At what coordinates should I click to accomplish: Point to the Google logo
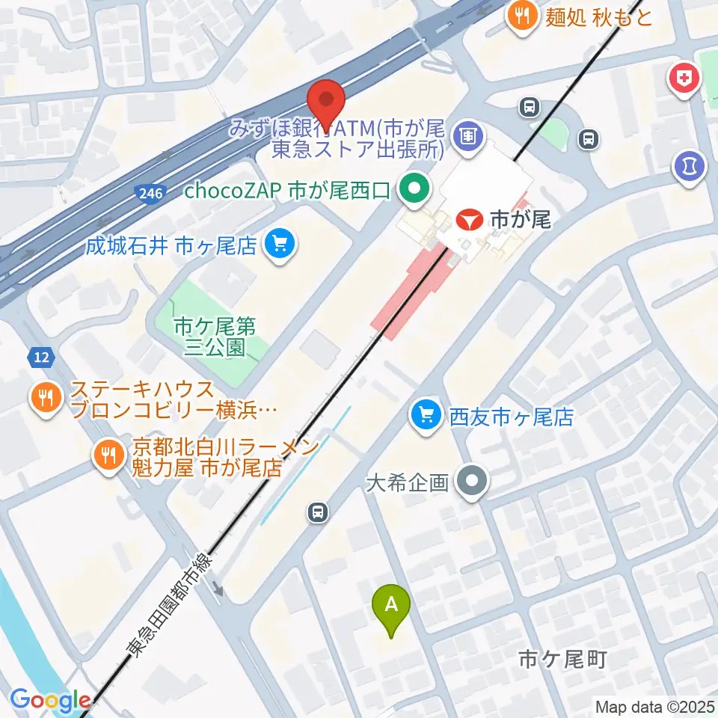tap(50, 700)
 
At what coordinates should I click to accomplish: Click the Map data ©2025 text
tap(654, 705)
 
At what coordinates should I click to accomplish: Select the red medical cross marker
tap(684, 77)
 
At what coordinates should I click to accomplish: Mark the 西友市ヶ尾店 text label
tap(511, 416)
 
